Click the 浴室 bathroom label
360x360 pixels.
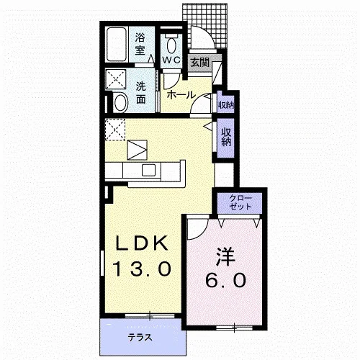[x=140, y=44]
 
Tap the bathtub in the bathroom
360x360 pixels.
[x=116, y=45]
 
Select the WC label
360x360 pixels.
[x=171, y=60]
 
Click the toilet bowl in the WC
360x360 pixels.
[x=171, y=45]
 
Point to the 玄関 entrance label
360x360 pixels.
[x=199, y=63]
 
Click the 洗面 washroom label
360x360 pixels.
[x=141, y=93]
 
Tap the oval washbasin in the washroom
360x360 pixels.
[x=121, y=103]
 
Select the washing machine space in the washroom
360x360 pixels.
[x=116, y=79]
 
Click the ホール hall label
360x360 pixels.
[x=181, y=95]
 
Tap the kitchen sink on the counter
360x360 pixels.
[x=148, y=170]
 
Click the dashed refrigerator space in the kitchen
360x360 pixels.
[x=115, y=130]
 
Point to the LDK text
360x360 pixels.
[x=142, y=243]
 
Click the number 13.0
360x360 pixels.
[x=142, y=269]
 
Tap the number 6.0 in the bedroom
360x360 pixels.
[x=225, y=280]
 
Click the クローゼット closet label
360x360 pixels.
[x=240, y=202]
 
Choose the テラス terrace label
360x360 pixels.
[x=140, y=338]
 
